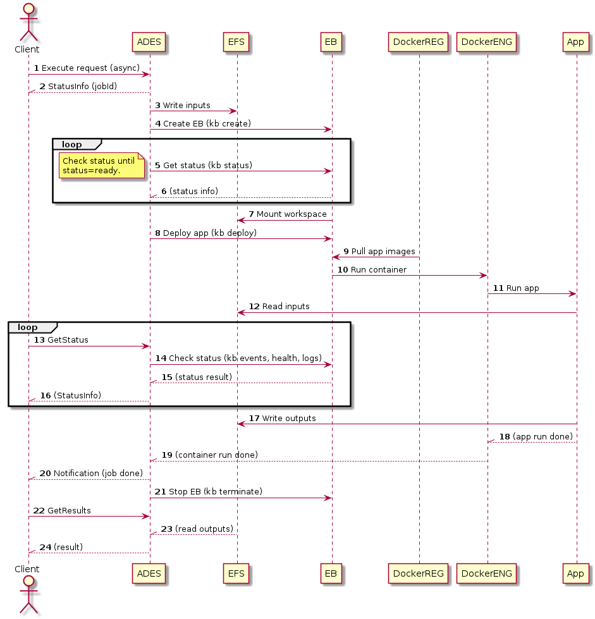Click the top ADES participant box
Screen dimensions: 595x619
pos(149,42)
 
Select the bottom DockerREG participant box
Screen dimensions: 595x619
pos(418,573)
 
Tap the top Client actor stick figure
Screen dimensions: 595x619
pos(28,23)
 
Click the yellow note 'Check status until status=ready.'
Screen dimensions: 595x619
pos(102,166)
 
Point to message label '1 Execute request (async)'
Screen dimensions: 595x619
pos(87,68)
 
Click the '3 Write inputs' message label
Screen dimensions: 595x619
pos(182,106)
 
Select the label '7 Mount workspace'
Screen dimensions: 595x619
pos(288,214)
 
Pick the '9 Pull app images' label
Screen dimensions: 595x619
pos(379,252)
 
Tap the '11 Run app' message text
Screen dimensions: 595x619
pos(515,288)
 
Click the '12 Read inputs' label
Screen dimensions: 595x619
pos(279,307)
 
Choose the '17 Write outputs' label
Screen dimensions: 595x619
pos(282,418)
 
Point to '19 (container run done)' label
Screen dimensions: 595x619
pos(210,455)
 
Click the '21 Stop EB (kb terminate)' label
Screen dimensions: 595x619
pos(209,491)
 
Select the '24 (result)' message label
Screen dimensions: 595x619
pos(61,547)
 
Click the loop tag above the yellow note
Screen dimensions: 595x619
pos(77,145)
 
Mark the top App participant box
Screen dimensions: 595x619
pos(575,42)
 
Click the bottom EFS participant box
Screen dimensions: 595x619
pos(236,573)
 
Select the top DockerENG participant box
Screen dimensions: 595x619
pos(486,42)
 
